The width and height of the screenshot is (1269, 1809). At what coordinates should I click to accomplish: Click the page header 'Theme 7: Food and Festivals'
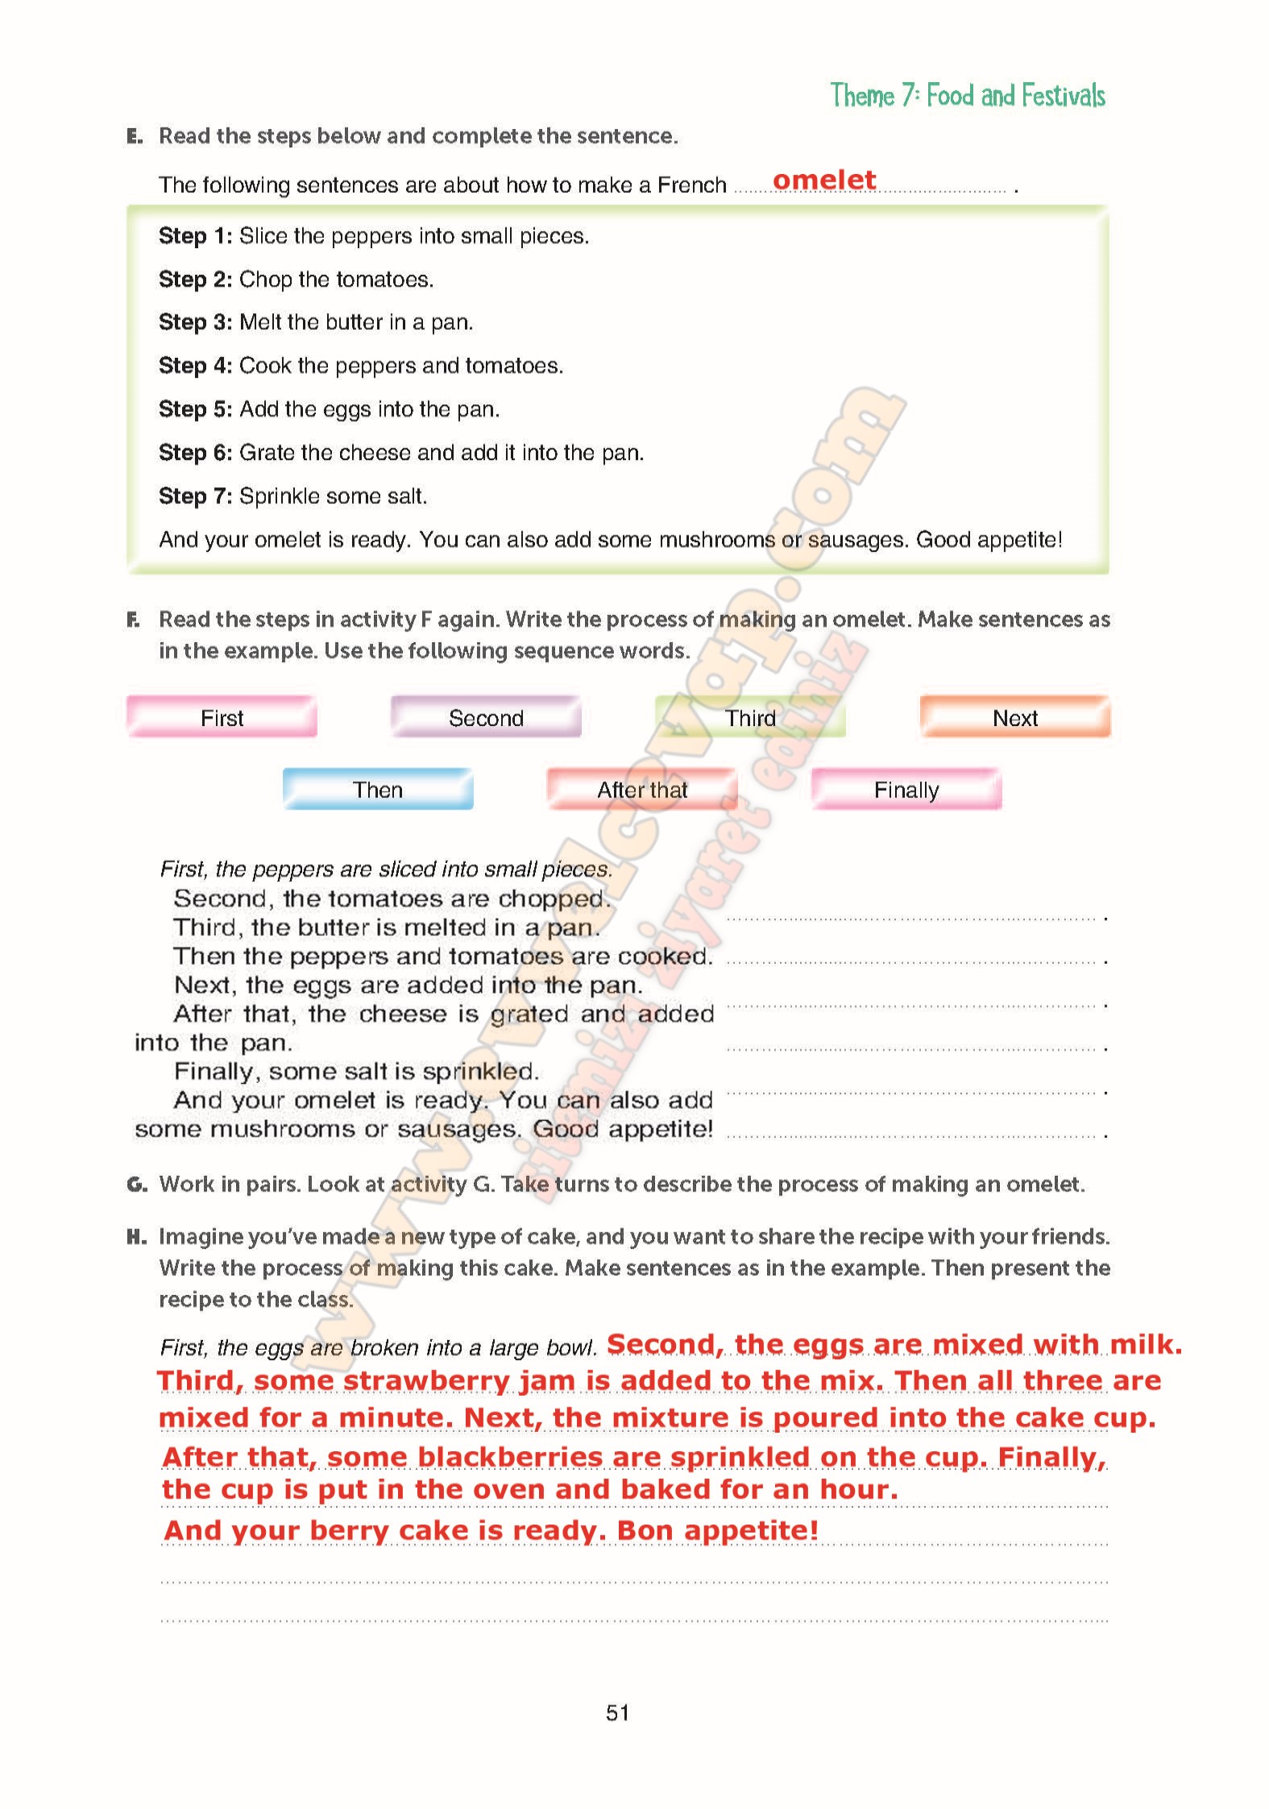(967, 96)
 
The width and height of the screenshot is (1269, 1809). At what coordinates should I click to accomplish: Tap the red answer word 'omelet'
(823, 180)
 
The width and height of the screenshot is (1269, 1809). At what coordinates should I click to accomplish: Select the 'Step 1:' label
(195, 236)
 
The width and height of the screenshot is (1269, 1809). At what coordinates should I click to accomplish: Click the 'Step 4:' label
(195, 366)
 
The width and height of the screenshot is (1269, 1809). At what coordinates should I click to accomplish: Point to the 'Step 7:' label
(195, 496)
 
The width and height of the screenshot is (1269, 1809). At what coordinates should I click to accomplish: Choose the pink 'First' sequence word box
(222, 717)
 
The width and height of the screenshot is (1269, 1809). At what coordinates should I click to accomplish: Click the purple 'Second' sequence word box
(486, 717)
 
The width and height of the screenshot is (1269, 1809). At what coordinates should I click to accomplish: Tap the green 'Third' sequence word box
(750, 717)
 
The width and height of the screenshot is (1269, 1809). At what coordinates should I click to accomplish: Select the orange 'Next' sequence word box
(1014, 717)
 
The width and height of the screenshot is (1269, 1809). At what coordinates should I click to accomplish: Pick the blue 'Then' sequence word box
(377, 789)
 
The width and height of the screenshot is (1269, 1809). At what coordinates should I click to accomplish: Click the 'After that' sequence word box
(642, 789)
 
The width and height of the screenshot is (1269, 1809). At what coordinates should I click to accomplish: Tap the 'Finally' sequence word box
(906, 789)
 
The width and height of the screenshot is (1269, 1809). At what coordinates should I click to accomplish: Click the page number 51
(617, 1712)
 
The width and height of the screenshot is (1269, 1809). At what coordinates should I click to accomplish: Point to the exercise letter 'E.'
(135, 136)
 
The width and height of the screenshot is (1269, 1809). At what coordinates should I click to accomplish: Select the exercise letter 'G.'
(137, 1185)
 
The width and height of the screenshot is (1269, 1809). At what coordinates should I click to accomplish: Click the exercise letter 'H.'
(136, 1237)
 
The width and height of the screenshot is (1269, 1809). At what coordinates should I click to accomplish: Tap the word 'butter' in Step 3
(351, 322)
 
